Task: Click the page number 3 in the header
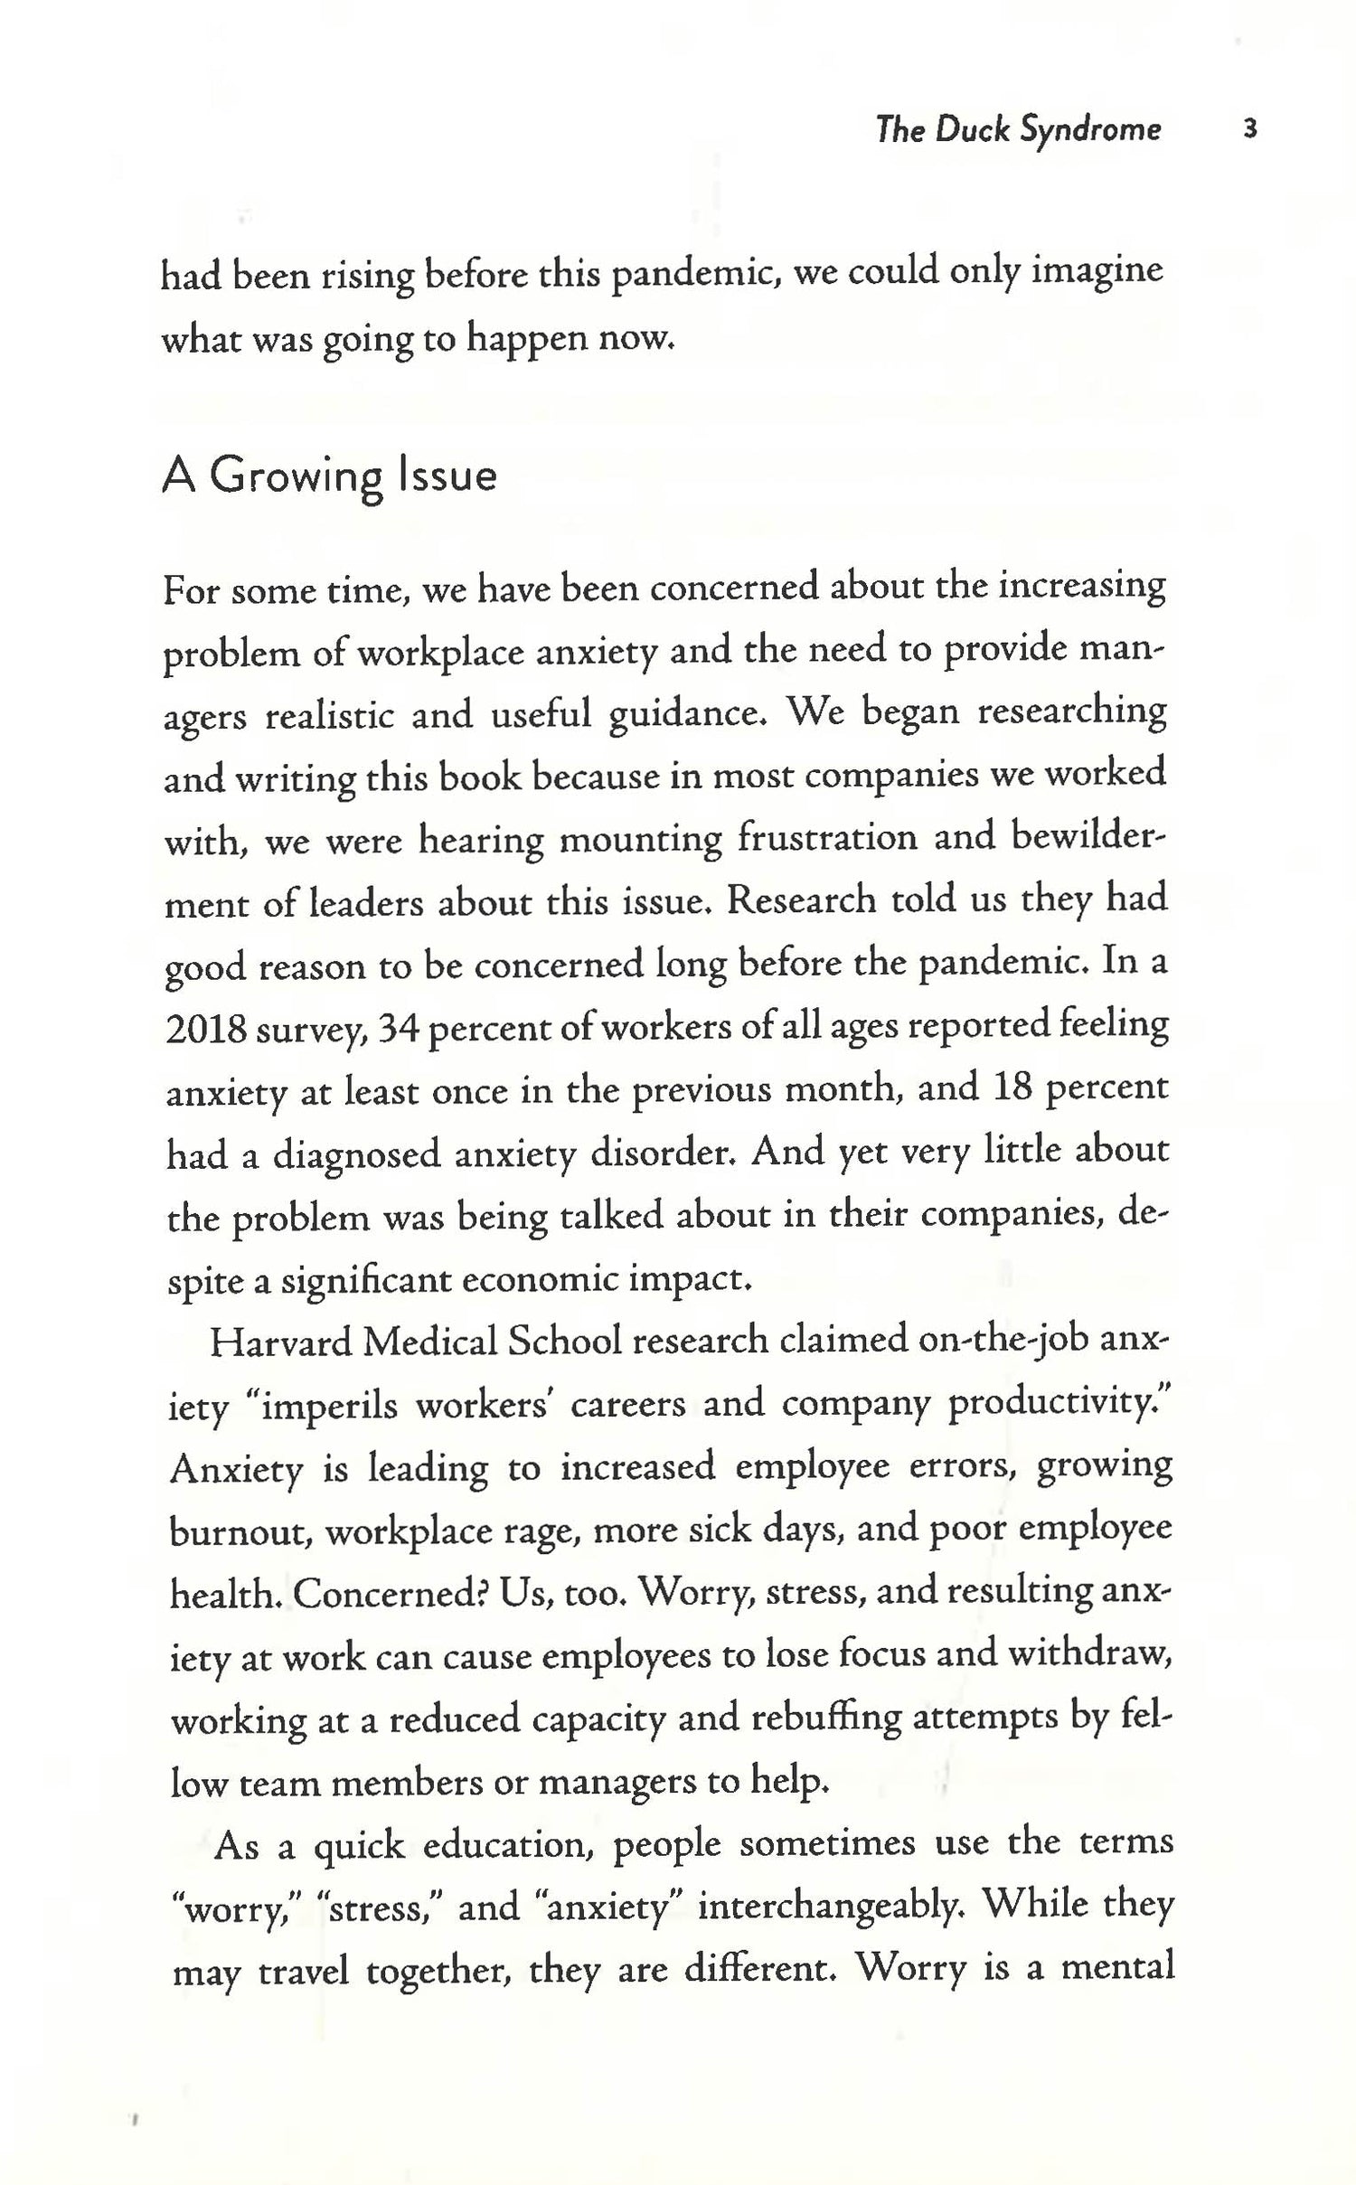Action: (1250, 129)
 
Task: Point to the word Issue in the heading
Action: (447, 476)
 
